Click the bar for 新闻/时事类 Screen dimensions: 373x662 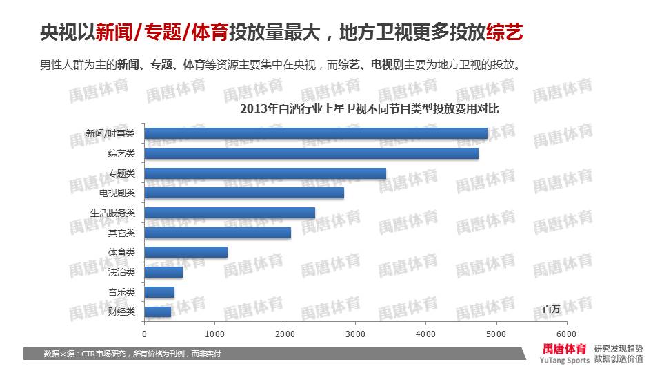coord(316,133)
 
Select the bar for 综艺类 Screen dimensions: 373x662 coord(312,153)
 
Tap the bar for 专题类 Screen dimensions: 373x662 coord(265,173)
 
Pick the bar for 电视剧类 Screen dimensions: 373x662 coord(244,193)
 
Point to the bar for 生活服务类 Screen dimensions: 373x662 coord(230,213)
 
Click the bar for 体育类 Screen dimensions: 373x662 coord(186,252)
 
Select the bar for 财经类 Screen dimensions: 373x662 coord(158,312)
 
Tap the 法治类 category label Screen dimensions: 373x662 coord(121,272)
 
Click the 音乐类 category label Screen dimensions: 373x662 coord(121,292)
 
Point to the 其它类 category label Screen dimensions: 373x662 coord(121,233)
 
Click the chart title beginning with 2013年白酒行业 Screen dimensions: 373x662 coord(369,109)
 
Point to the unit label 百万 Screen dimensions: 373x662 coord(552,308)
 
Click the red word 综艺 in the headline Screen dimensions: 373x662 coord(504,32)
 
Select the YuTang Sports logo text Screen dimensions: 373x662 coord(565,360)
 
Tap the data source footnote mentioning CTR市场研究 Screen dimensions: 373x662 coord(132,354)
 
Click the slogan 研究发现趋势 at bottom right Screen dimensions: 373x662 coord(619,348)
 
